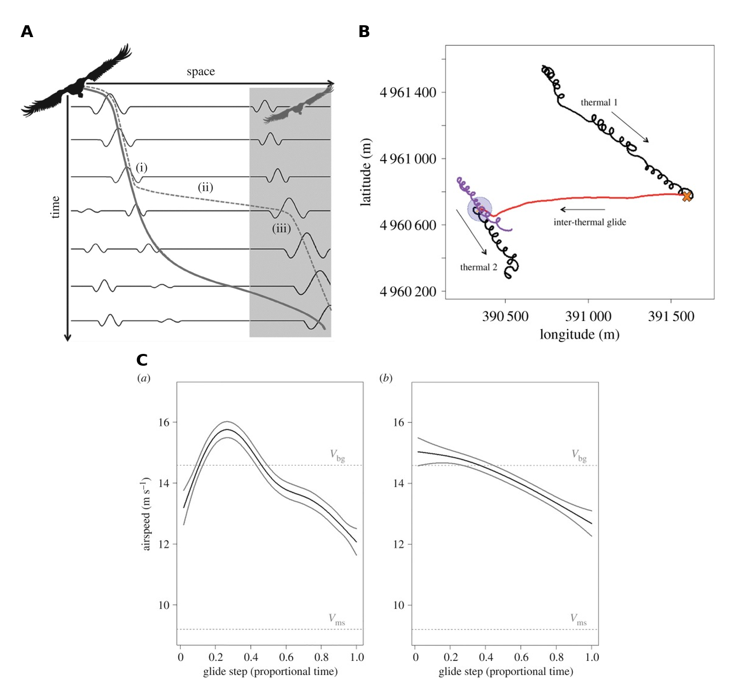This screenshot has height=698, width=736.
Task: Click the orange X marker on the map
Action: [x=686, y=196]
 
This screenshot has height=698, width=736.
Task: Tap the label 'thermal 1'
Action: [x=599, y=102]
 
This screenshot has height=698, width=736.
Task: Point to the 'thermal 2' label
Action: [x=478, y=267]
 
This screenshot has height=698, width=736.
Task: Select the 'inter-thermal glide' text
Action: [x=590, y=222]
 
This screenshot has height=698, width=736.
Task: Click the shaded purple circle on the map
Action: [x=480, y=209]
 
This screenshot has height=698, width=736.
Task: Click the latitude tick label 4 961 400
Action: [x=408, y=92]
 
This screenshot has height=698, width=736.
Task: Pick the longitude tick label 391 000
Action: [x=588, y=316]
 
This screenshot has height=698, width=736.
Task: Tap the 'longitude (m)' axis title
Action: [x=579, y=334]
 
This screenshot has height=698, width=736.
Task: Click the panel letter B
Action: [x=364, y=31]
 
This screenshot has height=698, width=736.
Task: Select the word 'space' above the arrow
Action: [x=201, y=71]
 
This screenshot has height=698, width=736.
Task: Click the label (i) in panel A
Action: [x=141, y=167]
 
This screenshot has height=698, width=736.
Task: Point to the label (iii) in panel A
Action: [x=281, y=228]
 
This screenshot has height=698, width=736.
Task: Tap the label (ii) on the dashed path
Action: [x=205, y=187]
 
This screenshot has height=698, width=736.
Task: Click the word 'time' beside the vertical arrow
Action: [x=55, y=207]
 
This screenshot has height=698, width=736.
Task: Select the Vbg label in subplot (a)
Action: [x=337, y=455]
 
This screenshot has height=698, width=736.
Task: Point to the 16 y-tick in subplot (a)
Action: [x=164, y=422]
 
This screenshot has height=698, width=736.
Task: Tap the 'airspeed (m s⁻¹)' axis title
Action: [x=146, y=514]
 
